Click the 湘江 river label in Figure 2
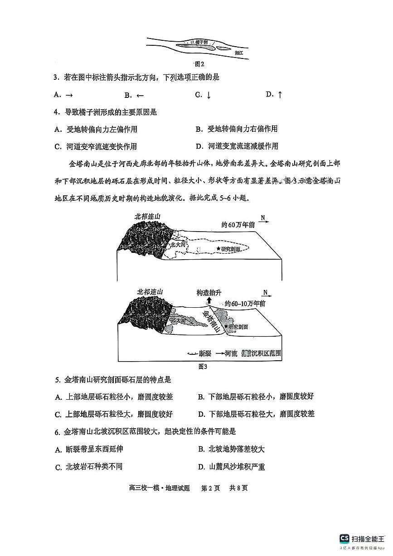(239, 53)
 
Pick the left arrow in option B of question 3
(140, 95)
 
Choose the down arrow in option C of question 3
(209, 95)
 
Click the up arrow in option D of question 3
(280, 94)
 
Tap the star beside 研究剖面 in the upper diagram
(218, 249)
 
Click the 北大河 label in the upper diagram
(177, 245)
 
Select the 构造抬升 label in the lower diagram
(209, 293)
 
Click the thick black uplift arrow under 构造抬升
(209, 302)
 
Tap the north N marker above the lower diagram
(265, 292)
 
